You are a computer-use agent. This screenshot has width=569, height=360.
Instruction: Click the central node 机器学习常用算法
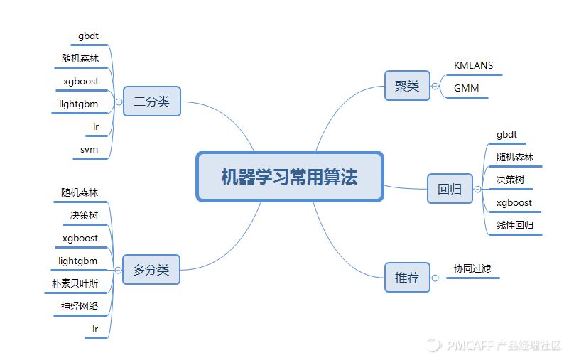pyautogui.click(x=289, y=177)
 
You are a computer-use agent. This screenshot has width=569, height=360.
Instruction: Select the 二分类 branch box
pyautogui.click(x=151, y=102)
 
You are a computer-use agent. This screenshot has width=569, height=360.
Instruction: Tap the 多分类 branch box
pyautogui.click(x=151, y=270)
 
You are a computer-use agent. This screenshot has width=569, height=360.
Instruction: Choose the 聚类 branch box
pyautogui.click(x=407, y=86)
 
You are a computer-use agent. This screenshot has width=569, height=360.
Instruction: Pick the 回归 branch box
pyautogui.click(x=450, y=189)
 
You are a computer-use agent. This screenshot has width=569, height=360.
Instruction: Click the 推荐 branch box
pyautogui.click(x=407, y=278)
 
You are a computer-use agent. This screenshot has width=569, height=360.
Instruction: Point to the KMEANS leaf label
pyautogui.click(x=473, y=65)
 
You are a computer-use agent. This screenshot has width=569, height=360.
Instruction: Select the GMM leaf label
pyautogui.click(x=466, y=89)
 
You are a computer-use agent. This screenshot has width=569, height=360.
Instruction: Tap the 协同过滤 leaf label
pyautogui.click(x=472, y=269)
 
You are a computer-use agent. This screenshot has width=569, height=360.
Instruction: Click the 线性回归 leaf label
pyautogui.click(x=515, y=226)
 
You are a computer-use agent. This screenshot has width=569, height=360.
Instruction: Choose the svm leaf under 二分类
pyautogui.click(x=90, y=150)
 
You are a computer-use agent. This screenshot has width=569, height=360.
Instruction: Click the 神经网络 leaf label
pyautogui.click(x=80, y=307)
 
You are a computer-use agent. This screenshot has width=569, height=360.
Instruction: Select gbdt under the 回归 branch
pyautogui.click(x=507, y=134)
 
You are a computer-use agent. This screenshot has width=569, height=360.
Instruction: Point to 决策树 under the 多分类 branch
pyautogui.click(x=84, y=215)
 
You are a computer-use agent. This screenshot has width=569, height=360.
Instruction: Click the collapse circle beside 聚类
pyautogui.click(x=435, y=87)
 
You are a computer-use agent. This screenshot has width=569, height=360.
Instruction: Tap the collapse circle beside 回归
pyautogui.click(x=477, y=189)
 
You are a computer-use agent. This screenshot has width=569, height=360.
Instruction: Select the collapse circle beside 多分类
pyautogui.click(x=118, y=270)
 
